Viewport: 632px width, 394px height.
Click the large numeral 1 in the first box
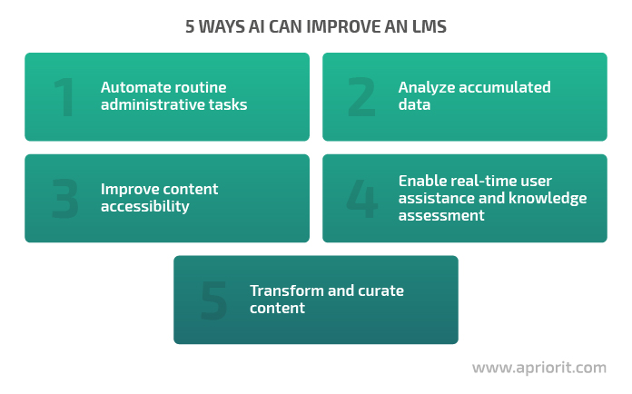[65, 97]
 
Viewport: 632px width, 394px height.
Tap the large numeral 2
[361, 97]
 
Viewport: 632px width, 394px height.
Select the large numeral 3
[64, 199]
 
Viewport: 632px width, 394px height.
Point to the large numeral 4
[362, 199]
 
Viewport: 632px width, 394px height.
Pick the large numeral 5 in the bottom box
[214, 300]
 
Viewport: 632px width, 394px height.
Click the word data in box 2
[414, 104]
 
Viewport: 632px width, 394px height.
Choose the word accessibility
[145, 207]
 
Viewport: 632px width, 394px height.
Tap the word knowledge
[548, 199]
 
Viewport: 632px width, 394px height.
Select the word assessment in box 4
[441, 215]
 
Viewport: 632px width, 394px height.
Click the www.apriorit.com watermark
[539, 368]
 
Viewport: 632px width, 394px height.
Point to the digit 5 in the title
[190, 26]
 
